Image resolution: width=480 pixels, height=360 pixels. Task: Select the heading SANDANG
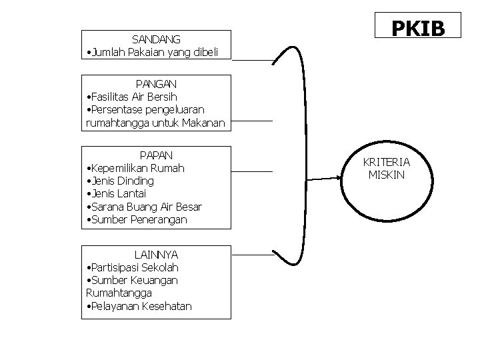click(x=156, y=39)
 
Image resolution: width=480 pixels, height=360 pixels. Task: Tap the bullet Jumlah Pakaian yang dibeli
click(x=156, y=52)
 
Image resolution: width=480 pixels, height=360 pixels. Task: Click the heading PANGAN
click(x=156, y=84)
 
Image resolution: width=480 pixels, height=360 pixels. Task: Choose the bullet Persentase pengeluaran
click(x=146, y=109)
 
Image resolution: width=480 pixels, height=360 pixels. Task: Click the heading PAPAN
click(x=156, y=155)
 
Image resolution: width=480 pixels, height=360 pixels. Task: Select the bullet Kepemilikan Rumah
click(x=136, y=168)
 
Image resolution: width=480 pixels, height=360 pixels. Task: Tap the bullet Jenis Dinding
click(x=121, y=181)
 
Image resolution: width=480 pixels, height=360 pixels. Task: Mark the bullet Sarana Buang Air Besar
click(x=145, y=207)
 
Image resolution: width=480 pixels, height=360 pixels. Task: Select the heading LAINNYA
click(x=156, y=255)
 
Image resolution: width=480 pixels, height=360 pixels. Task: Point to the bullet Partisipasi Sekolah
click(x=133, y=267)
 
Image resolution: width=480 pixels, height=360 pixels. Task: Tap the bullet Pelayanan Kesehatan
click(x=139, y=306)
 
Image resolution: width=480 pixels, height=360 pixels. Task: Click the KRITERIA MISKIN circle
click(x=387, y=169)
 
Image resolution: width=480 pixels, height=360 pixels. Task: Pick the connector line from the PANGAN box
click(x=252, y=121)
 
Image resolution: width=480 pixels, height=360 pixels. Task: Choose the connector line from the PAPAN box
click(x=252, y=172)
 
